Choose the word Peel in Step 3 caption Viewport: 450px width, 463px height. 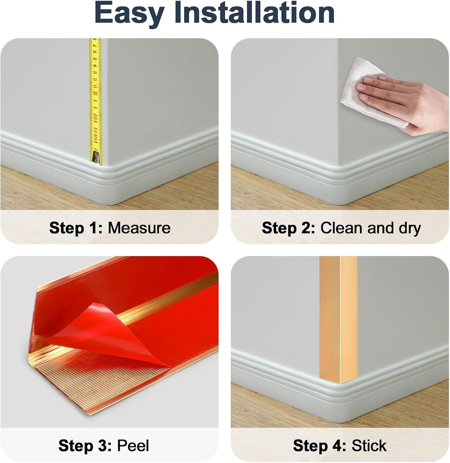[x=133, y=446]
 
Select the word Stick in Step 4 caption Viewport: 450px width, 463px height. [x=369, y=446]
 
